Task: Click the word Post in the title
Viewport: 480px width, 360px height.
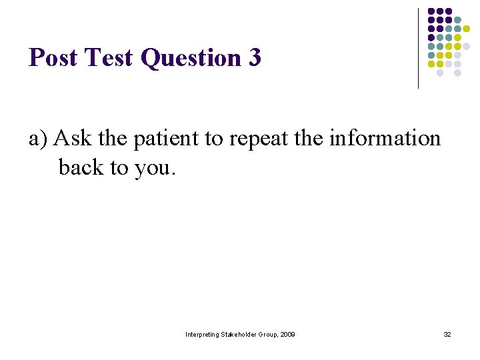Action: point(53,58)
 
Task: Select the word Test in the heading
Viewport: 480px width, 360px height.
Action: point(109,58)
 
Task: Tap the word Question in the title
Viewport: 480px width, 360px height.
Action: point(192,59)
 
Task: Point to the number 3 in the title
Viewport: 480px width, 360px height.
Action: point(254,58)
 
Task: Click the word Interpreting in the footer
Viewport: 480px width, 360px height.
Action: point(202,334)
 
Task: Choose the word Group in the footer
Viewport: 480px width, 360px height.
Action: point(268,334)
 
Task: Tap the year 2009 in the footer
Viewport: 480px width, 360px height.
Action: point(288,334)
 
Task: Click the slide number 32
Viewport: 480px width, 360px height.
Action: point(447,334)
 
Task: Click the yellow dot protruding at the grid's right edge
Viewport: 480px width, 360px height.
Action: point(467,29)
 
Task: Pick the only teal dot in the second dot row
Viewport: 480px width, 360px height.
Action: point(457,20)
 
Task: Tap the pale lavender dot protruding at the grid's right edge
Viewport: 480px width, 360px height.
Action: point(467,47)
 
